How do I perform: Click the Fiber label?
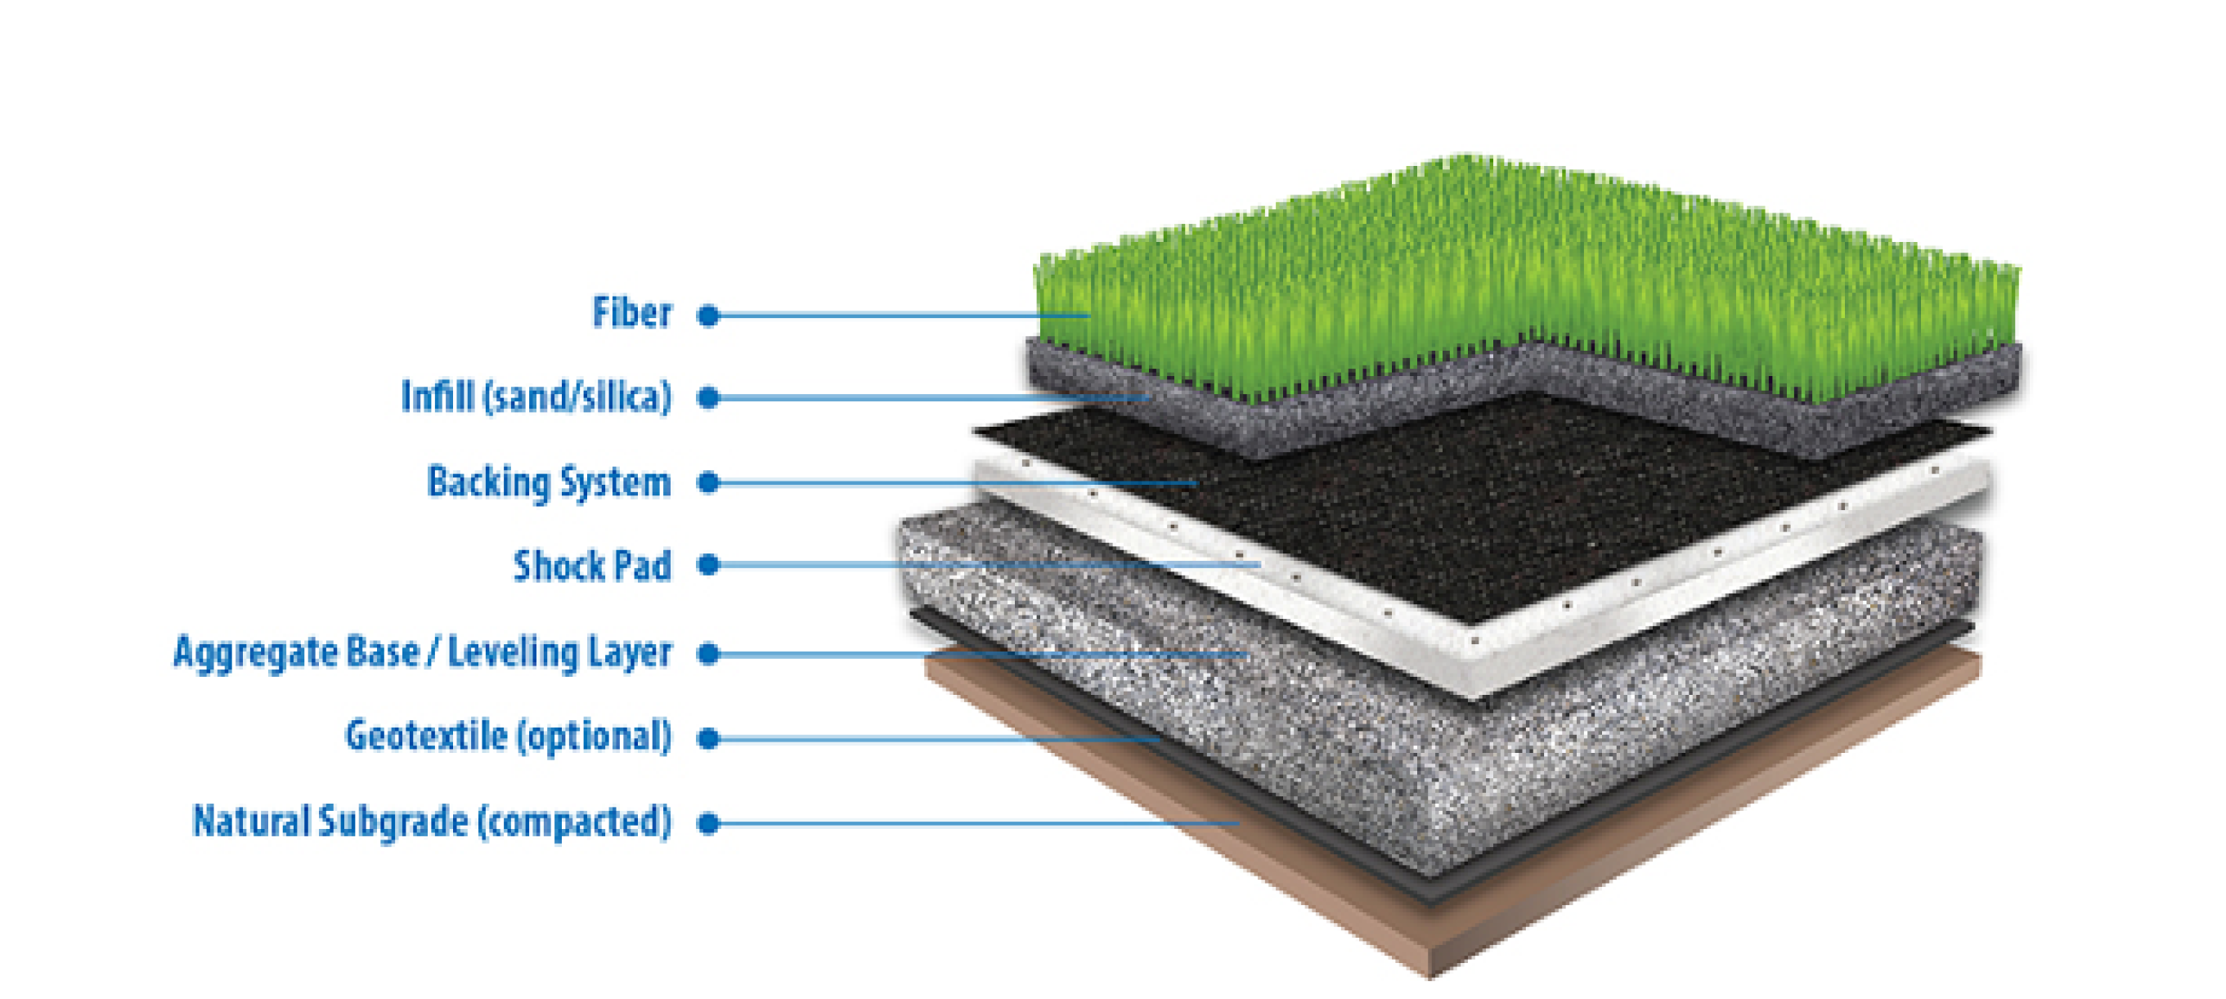coord(631,313)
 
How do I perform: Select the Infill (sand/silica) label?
coord(536,396)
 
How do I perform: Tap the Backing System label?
coord(550,482)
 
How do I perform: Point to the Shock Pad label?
coord(593,565)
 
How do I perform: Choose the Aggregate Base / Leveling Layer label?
coord(423,652)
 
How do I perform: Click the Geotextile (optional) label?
coord(509,737)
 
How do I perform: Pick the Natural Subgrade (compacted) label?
coord(432,821)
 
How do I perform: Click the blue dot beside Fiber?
coord(708,316)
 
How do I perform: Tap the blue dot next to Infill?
coord(708,397)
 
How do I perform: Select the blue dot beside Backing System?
coord(708,482)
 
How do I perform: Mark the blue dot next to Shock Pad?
coord(708,565)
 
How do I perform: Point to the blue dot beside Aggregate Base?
coord(708,653)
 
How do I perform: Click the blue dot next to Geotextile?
coord(708,738)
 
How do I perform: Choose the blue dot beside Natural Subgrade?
coord(708,822)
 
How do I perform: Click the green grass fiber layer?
coord(1527,276)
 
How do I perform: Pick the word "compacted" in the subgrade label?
coord(575,821)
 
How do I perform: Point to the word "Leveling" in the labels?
coord(513,652)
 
